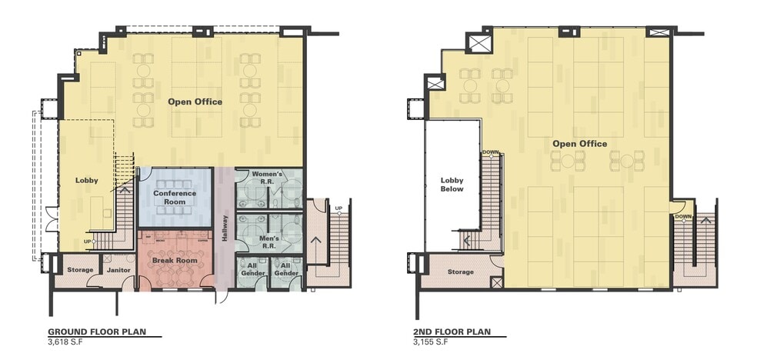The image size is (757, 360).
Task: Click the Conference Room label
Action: [175, 197]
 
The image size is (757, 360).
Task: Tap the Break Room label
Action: [174, 261]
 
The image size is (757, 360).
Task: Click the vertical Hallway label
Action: [225, 228]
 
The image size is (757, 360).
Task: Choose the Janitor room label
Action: [118, 270]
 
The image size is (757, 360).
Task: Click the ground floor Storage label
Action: [79, 270]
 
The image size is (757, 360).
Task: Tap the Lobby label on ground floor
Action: [86, 180]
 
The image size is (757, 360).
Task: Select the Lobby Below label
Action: [452, 185]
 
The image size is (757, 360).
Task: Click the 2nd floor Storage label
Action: [461, 272]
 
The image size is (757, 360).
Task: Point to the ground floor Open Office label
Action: [195, 102]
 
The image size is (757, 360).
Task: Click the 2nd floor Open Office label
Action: [579, 144]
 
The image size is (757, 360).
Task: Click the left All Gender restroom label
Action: [253, 270]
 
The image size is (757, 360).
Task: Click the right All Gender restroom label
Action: [286, 270]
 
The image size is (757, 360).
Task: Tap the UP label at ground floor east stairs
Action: [338, 208]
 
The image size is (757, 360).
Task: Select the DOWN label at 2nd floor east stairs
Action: [682, 217]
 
